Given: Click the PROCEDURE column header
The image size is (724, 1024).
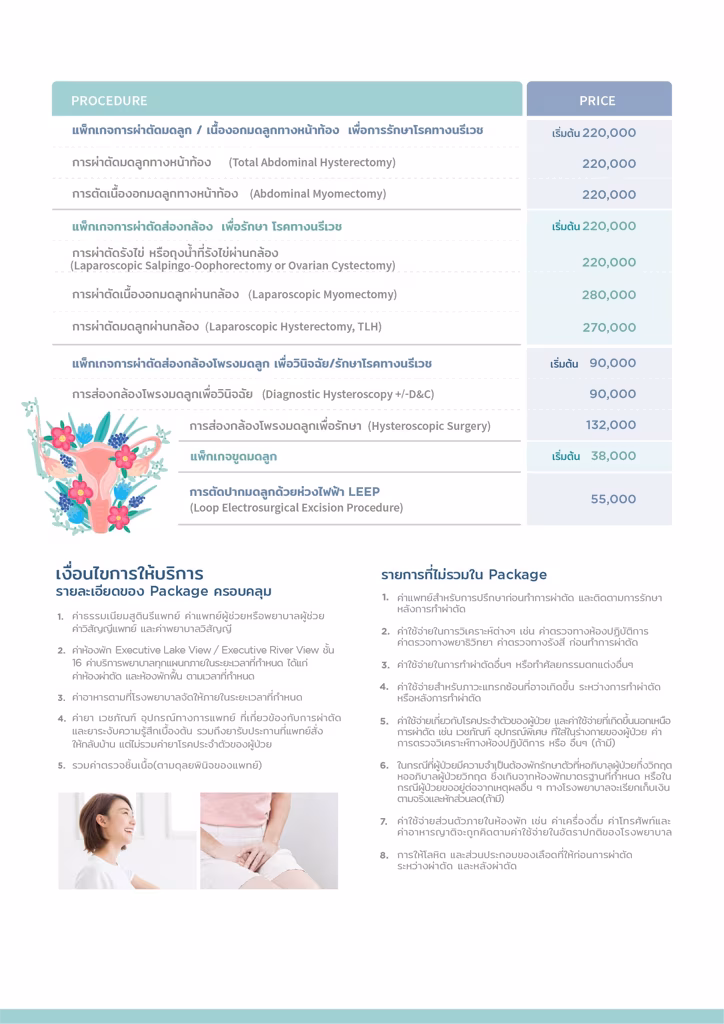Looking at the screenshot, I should (x=109, y=101).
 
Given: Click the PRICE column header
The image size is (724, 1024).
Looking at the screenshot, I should (x=597, y=101).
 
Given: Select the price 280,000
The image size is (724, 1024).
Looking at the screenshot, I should (x=609, y=295).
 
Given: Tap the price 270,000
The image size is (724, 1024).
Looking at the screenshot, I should (x=609, y=327).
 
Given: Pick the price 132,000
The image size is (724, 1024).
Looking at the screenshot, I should (x=611, y=425).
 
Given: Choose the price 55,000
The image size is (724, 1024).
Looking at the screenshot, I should (x=613, y=499).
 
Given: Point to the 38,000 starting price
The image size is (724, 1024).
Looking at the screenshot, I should (x=613, y=456).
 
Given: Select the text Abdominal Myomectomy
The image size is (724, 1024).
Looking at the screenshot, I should (x=317, y=194).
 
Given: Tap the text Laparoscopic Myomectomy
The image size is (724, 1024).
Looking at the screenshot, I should (x=322, y=295).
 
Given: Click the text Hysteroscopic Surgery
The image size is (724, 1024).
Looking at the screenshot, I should (x=429, y=426).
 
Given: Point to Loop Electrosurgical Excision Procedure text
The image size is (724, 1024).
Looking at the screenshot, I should (x=296, y=508).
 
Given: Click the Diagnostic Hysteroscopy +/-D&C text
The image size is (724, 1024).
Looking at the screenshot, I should (x=348, y=394).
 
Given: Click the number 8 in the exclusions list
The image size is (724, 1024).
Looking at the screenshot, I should (x=384, y=855).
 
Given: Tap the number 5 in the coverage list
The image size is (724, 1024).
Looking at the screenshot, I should (x=61, y=765).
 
